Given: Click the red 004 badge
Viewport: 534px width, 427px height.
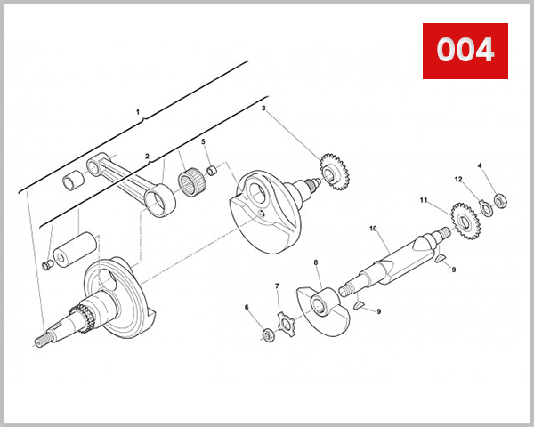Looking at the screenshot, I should pyautogui.click(x=465, y=50).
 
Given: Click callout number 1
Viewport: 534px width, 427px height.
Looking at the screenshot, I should pyautogui.click(x=139, y=113).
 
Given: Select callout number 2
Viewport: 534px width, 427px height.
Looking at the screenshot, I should pyautogui.click(x=148, y=156).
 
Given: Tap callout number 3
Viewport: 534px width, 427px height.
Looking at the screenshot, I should pyautogui.click(x=263, y=109).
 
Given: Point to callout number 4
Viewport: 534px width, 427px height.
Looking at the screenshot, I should pyautogui.click(x=480, y=165).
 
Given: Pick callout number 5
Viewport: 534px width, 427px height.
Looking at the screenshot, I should pyautogui.click(x=203, y=142).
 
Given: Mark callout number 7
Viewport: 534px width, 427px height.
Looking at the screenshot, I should pyautogui.click(x=277, y=286).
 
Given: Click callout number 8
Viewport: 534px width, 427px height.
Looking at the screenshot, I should pyautogui.click(x=316, y=263).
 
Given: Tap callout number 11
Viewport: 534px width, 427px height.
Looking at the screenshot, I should pyautogui.click(x=425, y=201).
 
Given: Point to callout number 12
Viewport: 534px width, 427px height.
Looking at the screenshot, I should pyautogui.click(x=458, y=180).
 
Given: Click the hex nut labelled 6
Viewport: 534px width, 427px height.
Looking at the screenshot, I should pyautogui.click(x=265, y=334).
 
